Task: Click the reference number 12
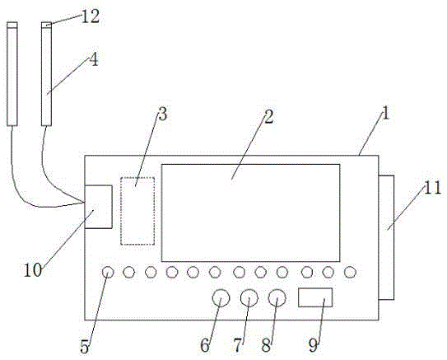tap(91, 16)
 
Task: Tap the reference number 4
tap(94, 60)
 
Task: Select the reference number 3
tap(162, 115)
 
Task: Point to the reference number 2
tap(268, 117)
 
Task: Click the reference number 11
tap(433, 189)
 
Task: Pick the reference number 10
tap(32, 270)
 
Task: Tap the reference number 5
tap(85, 347)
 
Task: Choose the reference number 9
tap(313, 345)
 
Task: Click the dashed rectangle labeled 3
tap(137, 211)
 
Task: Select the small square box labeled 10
tap(98, 207)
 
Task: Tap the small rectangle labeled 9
tap(315, 297)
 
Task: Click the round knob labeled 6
tap(221, 298)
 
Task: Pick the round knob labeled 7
tap(249, 298)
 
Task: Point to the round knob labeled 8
tap(277, 298)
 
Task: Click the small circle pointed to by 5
tap(108, 272)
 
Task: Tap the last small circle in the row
tap(350, 272)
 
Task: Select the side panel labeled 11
tap(387, 237)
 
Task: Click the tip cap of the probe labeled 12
tap(46, 25)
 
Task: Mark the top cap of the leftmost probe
tap(12, 25)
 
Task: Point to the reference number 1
tap(386, 113)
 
